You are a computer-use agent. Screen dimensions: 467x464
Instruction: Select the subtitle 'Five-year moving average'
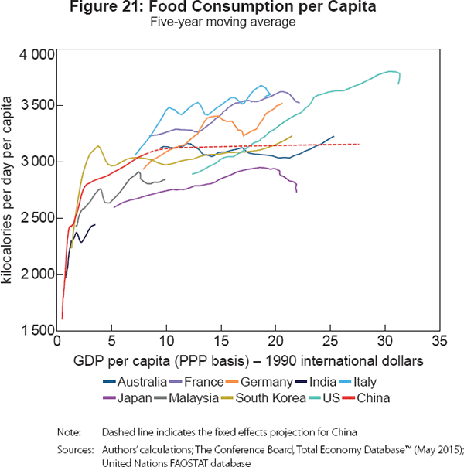coord(233,24)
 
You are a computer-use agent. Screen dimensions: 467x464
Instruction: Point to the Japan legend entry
coord(131,398)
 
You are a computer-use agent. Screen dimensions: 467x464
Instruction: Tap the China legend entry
coord(376,398)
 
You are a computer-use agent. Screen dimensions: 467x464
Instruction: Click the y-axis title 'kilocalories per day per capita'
coord(9,193)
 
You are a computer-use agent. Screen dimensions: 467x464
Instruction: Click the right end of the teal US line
coord(398,81)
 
